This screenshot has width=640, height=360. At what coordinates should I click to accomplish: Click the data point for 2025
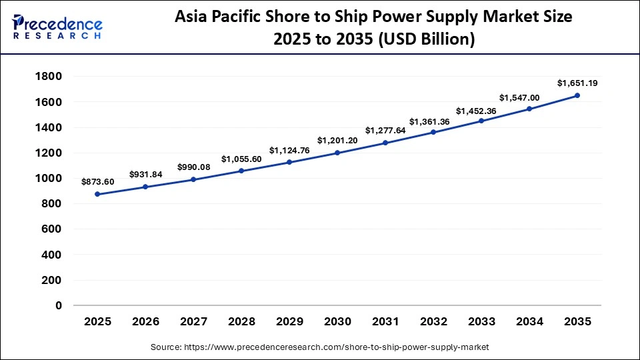coord(97,194)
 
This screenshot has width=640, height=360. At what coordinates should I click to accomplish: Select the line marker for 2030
coord(337,153)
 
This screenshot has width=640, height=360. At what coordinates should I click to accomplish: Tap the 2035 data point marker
coord(577,95)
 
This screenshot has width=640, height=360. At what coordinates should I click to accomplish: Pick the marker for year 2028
coord(241,171)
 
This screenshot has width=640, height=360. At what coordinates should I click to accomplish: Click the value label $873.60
coord(97,181)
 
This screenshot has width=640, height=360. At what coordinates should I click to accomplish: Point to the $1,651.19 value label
coord(577,83)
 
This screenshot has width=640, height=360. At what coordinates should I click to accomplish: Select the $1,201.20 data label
coord(337,140)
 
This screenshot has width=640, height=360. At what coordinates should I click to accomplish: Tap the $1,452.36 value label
coord(481,111)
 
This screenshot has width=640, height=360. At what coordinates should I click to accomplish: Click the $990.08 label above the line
coord(193,167)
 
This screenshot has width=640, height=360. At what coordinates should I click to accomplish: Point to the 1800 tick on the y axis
coord(48,77)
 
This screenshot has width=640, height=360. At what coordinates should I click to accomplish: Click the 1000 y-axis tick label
coord(48,179)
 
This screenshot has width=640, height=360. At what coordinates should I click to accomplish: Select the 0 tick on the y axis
coord(59,306)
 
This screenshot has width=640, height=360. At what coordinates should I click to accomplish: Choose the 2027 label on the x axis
coord(193,322)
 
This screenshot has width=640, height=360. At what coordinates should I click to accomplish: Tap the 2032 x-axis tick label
coord(433,322)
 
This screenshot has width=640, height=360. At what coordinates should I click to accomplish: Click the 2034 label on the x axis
coord(529,322)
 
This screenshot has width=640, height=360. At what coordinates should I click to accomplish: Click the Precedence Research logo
coord(57,25)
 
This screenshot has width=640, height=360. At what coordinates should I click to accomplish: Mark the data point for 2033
coord(481,121)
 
